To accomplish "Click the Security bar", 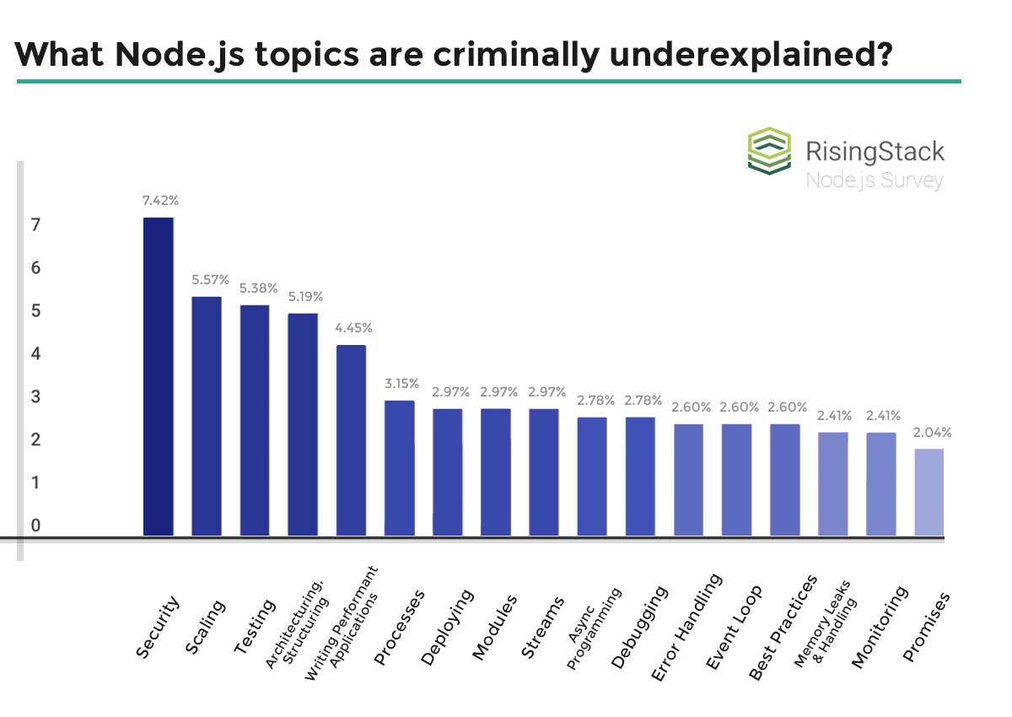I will pyautogui.click(x=159, y=376).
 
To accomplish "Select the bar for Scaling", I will pyautogui.click(x=207, y=416).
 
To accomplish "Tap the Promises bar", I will pyautogui.click(x=929, y=493).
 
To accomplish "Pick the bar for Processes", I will pyautogui.click(x=400, y=468).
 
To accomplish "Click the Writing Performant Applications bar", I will pyautogui.click(x=352, y=440).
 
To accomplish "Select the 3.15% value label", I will pyautogui.click(x=400, y=384).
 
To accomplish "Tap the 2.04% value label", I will pyautogui.click(x=932, y=433).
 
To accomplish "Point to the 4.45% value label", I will pyautogui.click(x=353, y=328).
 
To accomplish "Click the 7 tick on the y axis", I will pyautogui.click(x=35, y=225).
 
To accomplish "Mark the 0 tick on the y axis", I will pyautogui.click(x=35, y=526).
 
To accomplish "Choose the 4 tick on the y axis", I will pyautogui.click(x=35, y=353).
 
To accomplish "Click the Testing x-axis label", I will pyautogui.click(x=255, y=628).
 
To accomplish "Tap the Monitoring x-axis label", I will pyautogui.click(x=880, y=628).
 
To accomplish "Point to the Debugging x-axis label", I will pyautogui.click(x=638, y=628).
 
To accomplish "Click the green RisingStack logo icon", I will pyautogui.click(x=770, y=152).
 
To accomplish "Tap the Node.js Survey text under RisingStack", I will pyautogui.click(x=874, y=181).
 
